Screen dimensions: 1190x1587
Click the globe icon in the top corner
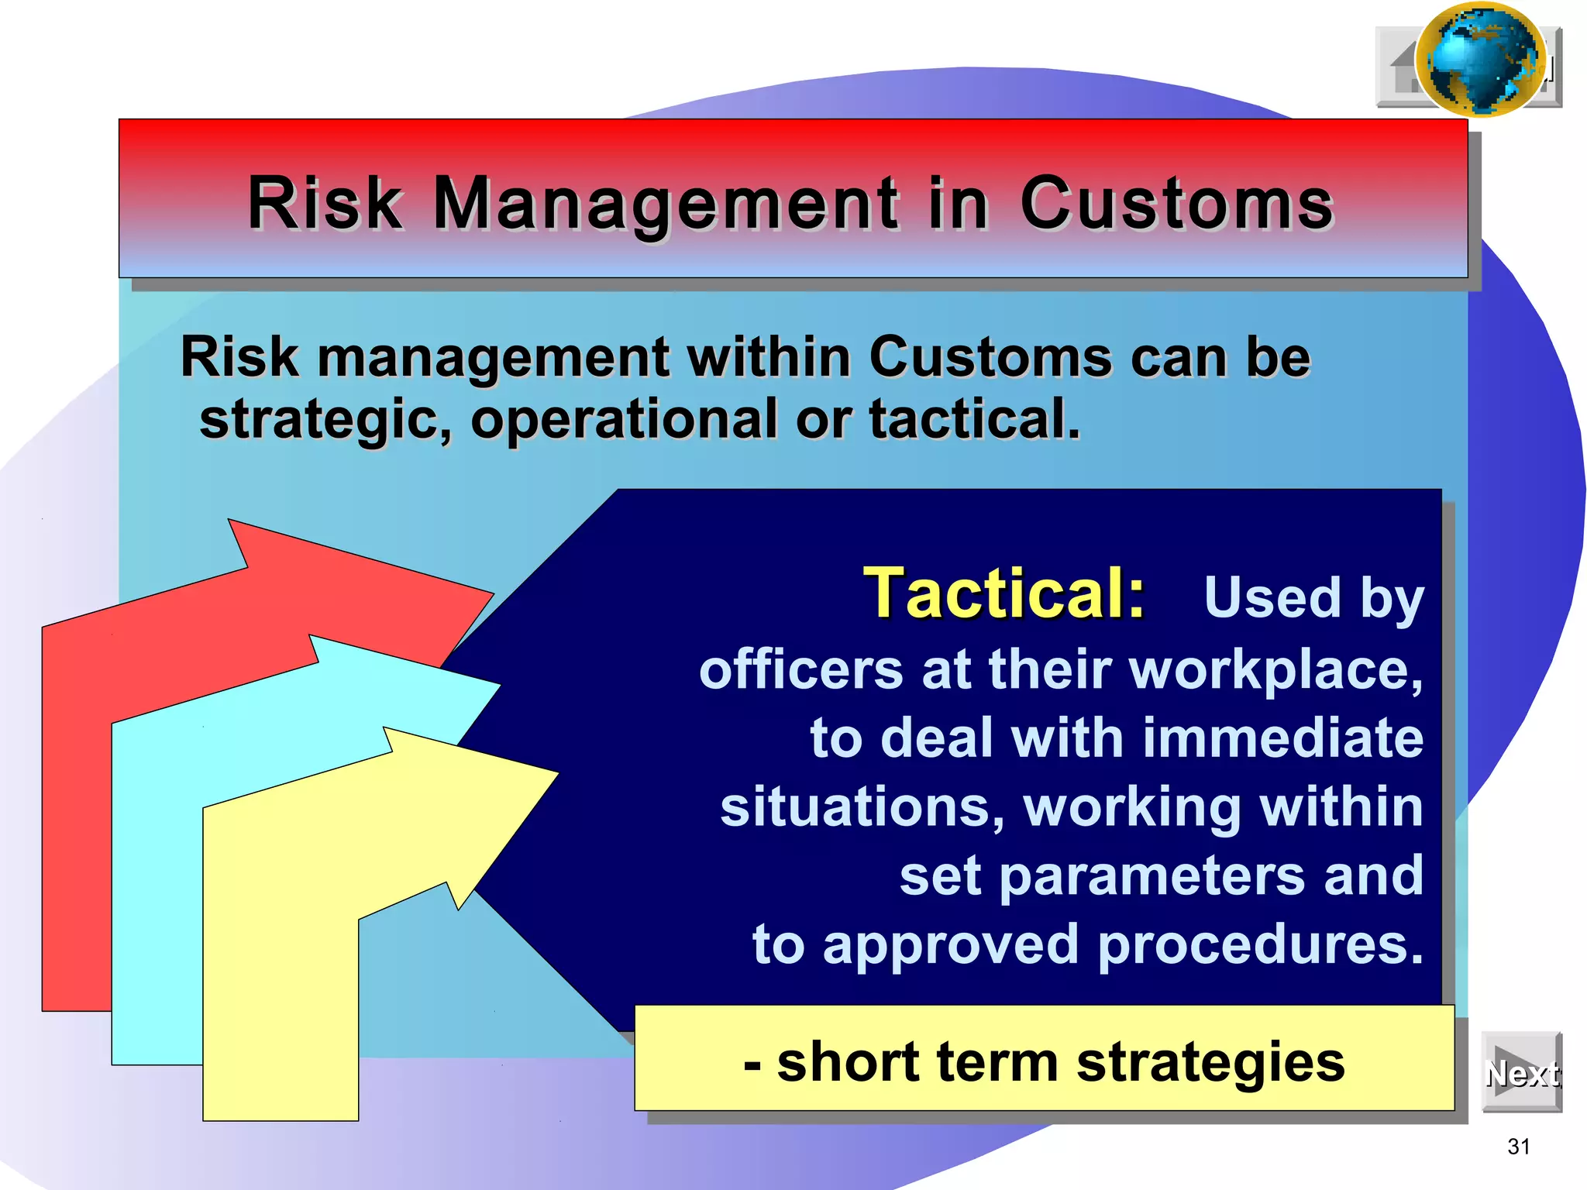pos(1480,60)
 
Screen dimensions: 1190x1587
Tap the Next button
pos(1521,1073)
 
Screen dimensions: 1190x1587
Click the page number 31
pos(1519,1147)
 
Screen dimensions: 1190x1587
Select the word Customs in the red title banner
pos(1176,203)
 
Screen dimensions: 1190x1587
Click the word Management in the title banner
pos(666,203)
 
